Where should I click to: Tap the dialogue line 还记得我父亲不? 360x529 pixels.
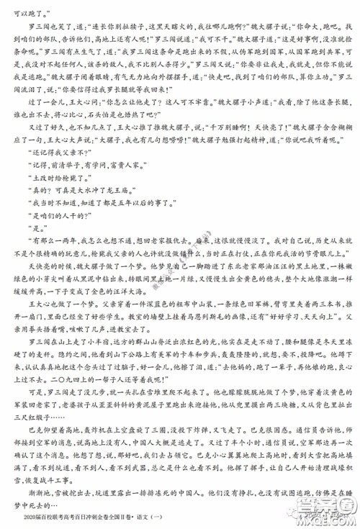tap(51, 153)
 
